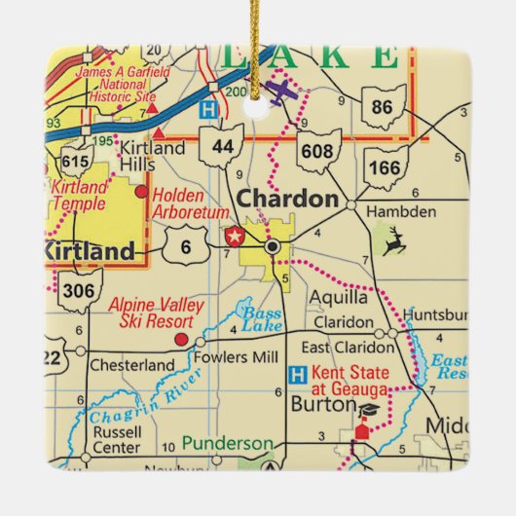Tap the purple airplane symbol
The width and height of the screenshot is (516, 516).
tap(280, 92)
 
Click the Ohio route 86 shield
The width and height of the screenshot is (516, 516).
tap(383, 107)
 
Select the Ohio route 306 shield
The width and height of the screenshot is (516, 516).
tap(80, 290)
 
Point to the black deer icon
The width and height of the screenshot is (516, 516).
tap(394, 242)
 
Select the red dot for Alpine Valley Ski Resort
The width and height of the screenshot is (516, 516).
tap(179, 340)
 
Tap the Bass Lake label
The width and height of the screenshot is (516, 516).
tap(260, 320)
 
